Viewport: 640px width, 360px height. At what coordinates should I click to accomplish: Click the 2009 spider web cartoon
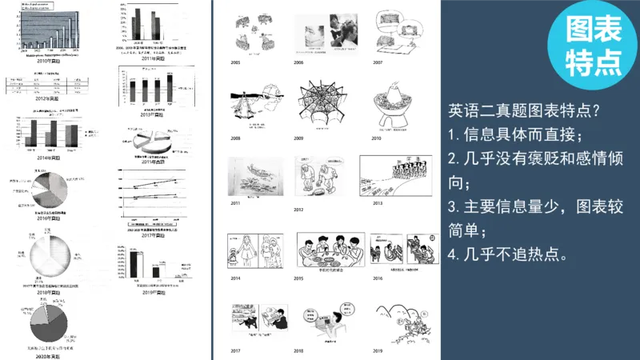322,105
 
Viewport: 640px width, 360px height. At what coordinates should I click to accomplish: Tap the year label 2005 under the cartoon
235,62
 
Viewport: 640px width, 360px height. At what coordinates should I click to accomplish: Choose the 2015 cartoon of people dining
326,250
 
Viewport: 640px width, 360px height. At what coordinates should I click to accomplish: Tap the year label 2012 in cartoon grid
298,210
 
